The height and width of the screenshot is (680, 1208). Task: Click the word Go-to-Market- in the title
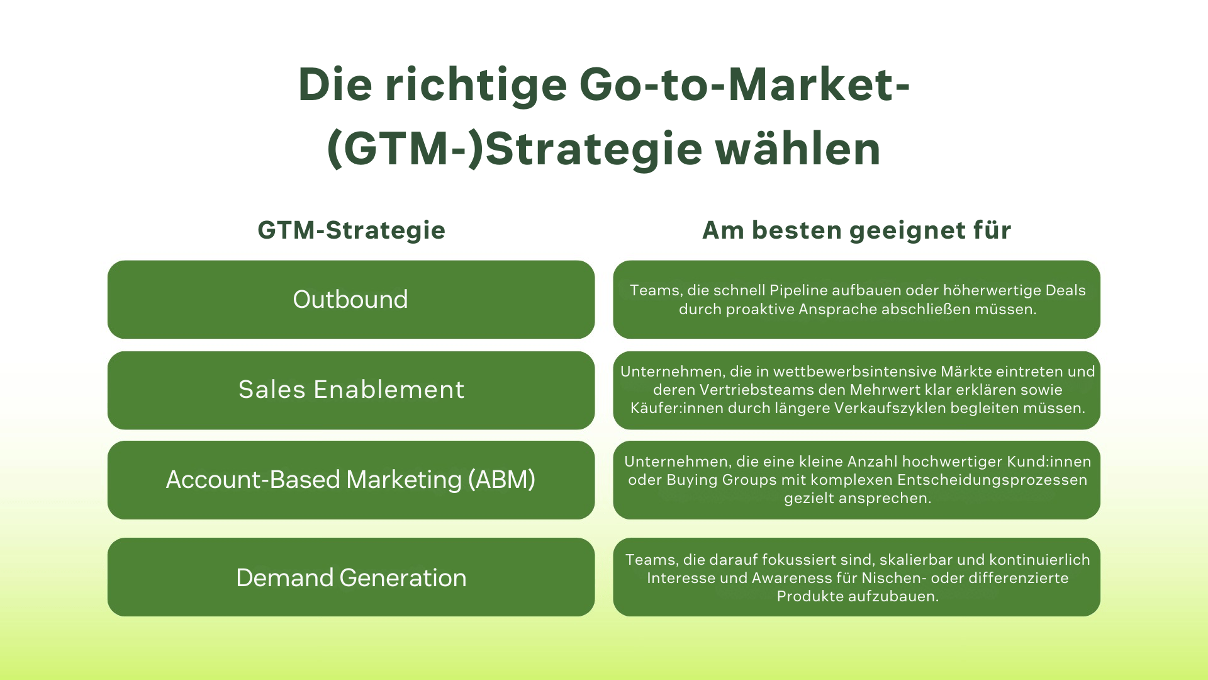744,85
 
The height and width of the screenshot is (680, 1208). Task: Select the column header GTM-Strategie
351,230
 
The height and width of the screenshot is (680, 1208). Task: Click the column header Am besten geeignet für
856,230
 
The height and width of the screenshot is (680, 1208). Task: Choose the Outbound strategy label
350,300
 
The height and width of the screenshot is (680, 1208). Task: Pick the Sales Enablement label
351,390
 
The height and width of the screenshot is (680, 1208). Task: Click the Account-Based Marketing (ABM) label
350,480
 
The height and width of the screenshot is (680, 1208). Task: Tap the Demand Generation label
351,578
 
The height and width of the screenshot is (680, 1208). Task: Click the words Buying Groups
722,480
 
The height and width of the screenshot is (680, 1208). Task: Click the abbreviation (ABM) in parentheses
501,480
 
